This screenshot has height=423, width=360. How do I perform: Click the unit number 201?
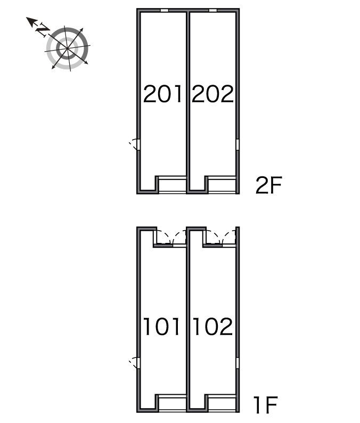coord(162,94)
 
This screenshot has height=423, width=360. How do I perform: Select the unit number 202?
coord(212,94)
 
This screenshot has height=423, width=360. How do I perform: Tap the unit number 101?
coord(162,327)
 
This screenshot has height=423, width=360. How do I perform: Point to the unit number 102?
coord(212,327)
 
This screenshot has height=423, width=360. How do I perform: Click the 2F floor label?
coord(268,185)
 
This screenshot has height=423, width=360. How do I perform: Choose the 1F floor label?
coord(266,405)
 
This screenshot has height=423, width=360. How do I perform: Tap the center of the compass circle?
coord(67,48)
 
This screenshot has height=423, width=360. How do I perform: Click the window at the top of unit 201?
coord(165,11)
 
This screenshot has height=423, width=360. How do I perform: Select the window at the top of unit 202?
coord(213,11)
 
